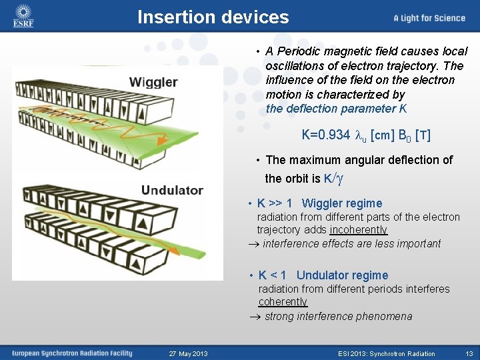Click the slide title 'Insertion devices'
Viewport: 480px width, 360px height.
pyautogui.click(x=213, y=17)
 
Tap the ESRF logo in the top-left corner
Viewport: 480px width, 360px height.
pyautogui.click(x=23, y=17)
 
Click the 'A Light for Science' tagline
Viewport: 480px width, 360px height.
pyautogui.click(x=429, y=18)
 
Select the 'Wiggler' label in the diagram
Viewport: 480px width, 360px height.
pyautogui.click(x=153, y=83)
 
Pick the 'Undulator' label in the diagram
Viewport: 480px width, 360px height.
pyautogui.click(x=172, y=190)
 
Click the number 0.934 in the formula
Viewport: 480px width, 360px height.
pyautogui.click(x=325, y=135)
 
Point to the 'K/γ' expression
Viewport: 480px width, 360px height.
pyautogui.click(x=333, y=178)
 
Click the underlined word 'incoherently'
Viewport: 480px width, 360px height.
pyautogui.click(x=358, y=230)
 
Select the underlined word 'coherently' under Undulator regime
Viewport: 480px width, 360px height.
pyautogui.click(x=283, y=302)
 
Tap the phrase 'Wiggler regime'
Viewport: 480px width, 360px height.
pyautogui.click(x=342, y=203)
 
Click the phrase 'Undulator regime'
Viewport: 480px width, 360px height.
pyautogui.click(x=342, y=275)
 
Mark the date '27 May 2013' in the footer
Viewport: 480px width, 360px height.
pyautogui.click(x=188, y=353)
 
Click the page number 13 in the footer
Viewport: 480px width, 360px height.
pyautogui.click(x=469, y=353)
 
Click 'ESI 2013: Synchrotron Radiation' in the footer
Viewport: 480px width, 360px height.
pyautogui.click(x=386, y=353)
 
